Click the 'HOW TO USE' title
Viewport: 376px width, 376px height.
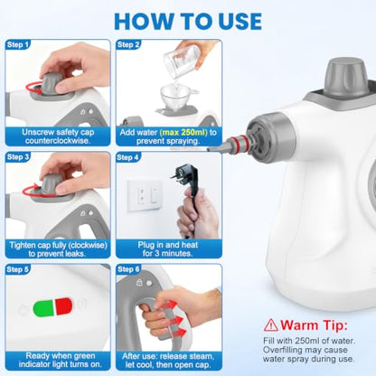click(188, 21)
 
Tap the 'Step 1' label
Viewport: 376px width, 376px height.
click(18, 45)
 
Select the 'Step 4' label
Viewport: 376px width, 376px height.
click(128, 157)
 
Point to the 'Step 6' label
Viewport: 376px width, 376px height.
click(128, 269)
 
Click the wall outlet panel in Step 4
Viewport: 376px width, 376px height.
click(146, 195)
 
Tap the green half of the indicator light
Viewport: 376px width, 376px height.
click(43, 308)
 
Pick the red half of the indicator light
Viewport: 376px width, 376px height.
click(64, 306)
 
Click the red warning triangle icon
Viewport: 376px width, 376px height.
click(271, 324)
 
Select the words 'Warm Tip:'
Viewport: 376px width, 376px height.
click(314, 325)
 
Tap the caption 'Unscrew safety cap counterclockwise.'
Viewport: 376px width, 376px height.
click(58, 136)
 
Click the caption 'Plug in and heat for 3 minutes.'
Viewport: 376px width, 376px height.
click(168, 249)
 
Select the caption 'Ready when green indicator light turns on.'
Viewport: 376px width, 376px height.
click(61, 360)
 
